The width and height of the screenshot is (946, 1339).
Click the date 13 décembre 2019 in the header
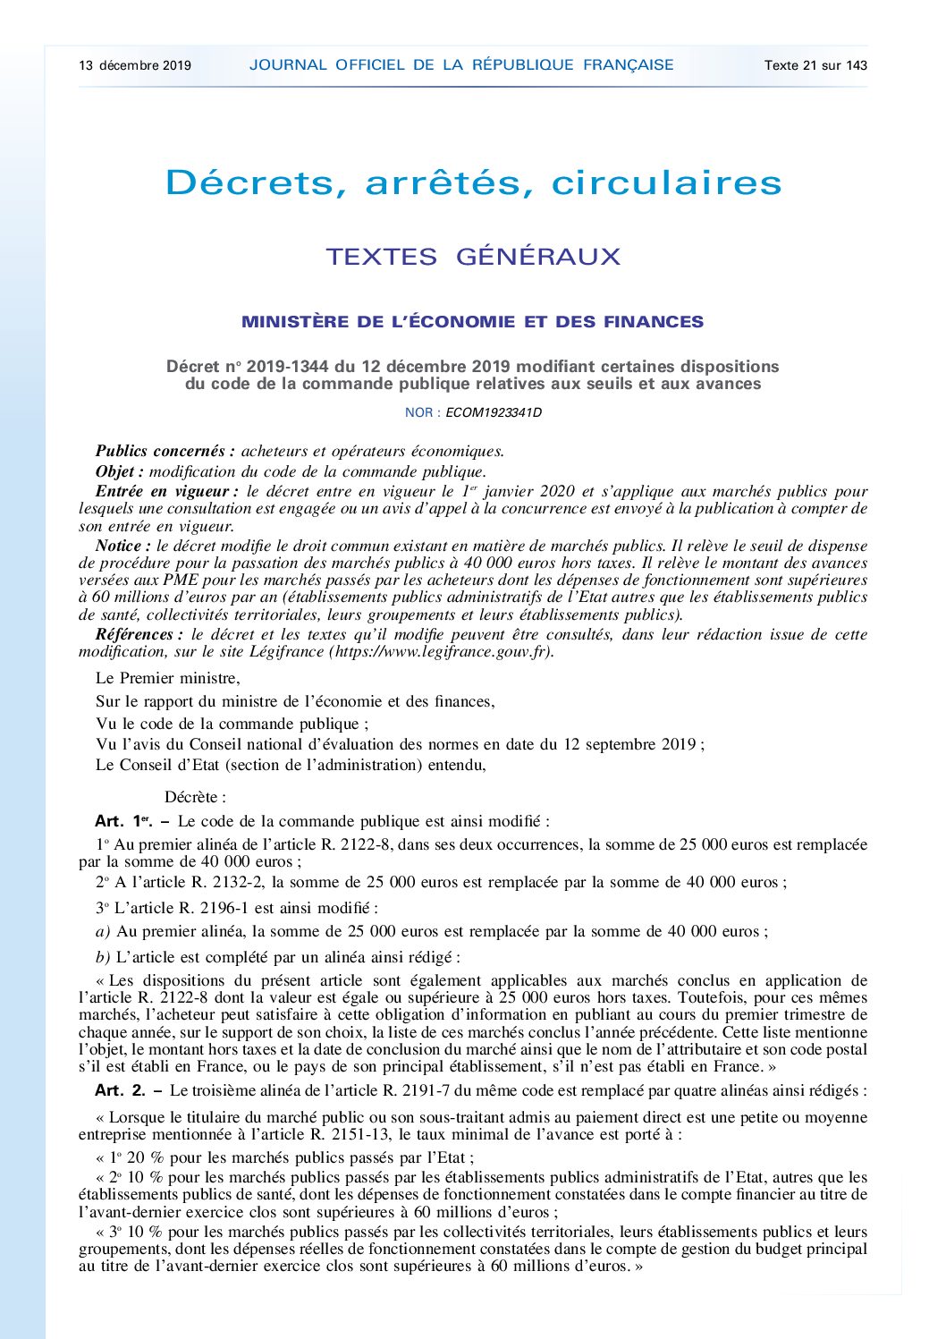click(x=135, y=65)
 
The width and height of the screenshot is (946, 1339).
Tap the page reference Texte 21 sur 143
click(x=815, y=65)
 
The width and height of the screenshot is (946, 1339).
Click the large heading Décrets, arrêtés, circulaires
click(x=474, y=182)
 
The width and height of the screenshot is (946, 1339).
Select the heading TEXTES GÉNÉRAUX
click(x=473, y=257)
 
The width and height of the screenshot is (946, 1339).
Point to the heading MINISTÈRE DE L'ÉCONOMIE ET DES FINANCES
click(x=472, y=322)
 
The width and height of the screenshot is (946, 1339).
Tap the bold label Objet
click(x=119, y=471)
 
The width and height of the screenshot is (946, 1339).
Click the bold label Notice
click(x=122, y=546)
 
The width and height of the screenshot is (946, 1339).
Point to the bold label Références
click(x=133, y=634)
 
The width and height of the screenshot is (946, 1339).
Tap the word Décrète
click(x=195, y=797)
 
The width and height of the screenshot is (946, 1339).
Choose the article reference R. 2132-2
click(x=228, y=882)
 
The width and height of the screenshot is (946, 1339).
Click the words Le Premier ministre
click(x=167, y=678)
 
